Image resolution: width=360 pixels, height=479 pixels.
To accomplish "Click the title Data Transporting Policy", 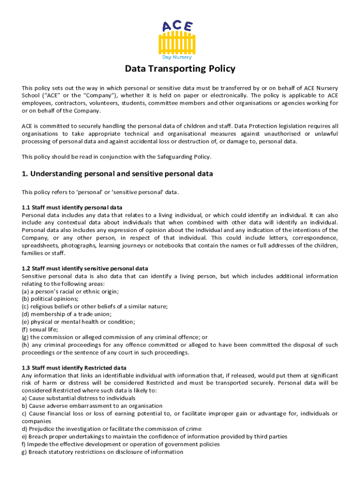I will pyautogui.click(x=180, y=69).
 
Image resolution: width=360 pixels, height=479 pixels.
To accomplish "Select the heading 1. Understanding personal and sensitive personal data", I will pyautogui.click(x=117, y=174).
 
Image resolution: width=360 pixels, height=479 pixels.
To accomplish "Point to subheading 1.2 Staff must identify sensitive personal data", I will pyautogui.click(x=85, y=269).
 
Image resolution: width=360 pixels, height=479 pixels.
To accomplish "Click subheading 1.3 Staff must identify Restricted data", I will pyautogui.click(x=74, y=368).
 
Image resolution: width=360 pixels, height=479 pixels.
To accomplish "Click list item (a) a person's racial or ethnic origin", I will pyautogui.click(x=70, y=291).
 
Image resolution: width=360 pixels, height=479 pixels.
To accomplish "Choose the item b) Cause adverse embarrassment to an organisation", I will pyautogui.click(x=92, y=406).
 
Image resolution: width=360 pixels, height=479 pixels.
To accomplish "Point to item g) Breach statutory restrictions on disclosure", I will pyautogui.click(x=102, y=451).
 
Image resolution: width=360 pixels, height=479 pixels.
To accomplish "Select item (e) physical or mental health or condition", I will pyautogui.click(x=79, y=321).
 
